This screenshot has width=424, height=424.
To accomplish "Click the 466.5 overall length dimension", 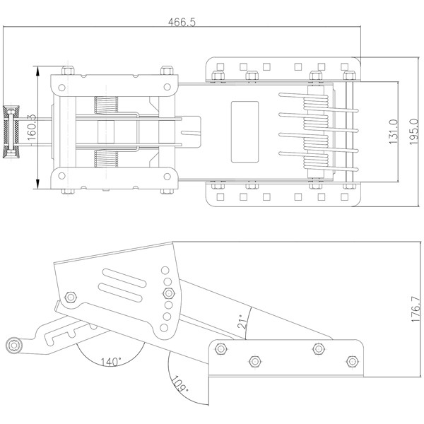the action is pos(182,22).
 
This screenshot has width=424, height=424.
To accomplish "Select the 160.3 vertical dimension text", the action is pos(32,127).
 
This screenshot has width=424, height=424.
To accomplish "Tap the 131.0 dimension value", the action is pos(394,131).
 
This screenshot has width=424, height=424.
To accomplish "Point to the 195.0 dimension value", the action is pos(413,131).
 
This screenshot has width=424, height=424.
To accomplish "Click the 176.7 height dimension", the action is pos(416,310).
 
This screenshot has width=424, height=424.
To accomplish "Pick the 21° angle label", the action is pos(242,322).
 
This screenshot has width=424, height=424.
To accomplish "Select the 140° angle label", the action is pos(111,362).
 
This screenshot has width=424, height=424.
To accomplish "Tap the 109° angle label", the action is pos(179,384).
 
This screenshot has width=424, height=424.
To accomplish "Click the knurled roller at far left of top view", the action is pos(11,131).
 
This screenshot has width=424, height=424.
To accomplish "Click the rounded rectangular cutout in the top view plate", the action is pos(245,131).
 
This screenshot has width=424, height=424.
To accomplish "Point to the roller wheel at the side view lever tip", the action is pos(13,346).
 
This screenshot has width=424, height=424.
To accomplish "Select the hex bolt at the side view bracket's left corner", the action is pos(71,298).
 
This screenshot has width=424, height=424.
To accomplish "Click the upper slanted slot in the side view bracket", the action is pos(124,278).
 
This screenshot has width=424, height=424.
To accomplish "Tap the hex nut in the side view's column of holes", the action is pos(168,293).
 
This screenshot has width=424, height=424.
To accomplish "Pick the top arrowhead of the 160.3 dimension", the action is pos(38,71).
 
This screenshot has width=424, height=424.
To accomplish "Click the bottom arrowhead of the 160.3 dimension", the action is pos(38,184).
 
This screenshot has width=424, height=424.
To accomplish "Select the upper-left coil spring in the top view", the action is pos(106,105).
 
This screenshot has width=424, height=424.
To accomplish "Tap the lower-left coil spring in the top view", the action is pos(106,159).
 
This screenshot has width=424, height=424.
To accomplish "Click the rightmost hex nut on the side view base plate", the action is pos(353,361).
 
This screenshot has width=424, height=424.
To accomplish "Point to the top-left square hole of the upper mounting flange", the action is pos(220,66).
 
